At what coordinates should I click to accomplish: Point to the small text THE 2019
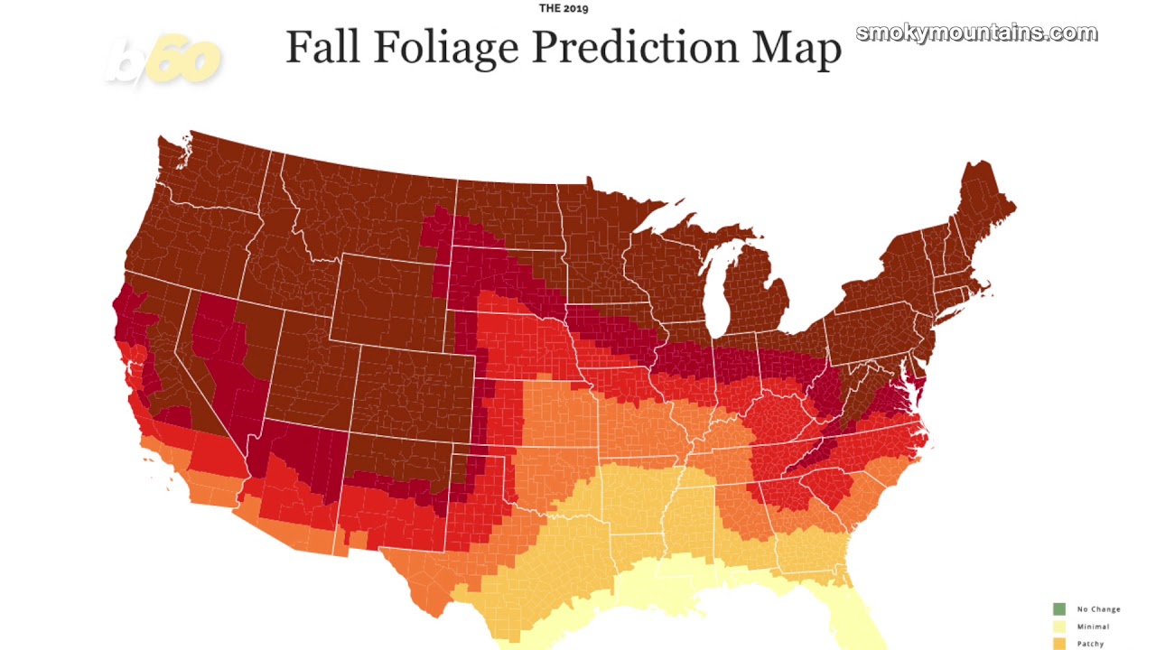[x=564, y=9]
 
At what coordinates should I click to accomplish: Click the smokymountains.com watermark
[x=976, y=33]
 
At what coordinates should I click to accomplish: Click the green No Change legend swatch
[x=1058, y=609]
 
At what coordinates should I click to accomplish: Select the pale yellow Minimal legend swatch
[x=1058, y=627]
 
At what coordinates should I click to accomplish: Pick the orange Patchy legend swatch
[x=1058, y=644]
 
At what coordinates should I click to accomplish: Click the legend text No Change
[x=1098, y=609]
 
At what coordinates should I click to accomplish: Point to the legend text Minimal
[x=1093, y=627]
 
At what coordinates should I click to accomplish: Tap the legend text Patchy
[x=1091, y=644]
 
